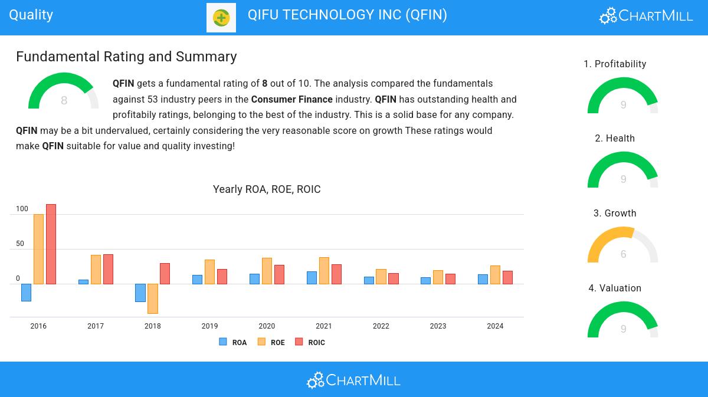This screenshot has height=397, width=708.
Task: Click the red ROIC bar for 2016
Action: [x=51, y=244]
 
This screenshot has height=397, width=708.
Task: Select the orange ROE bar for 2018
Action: [x=153, y=298]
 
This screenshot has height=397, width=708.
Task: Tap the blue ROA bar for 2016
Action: [x=26, y=293]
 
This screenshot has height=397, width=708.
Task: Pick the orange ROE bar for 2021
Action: [x=324, y=271]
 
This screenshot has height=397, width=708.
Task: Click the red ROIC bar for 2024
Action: [x=507, y=277]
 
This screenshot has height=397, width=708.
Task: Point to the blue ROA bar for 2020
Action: [x=254, y=279]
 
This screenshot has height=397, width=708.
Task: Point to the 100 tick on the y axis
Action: [x=22, y=209]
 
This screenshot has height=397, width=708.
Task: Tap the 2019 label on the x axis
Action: [x=209, y=326]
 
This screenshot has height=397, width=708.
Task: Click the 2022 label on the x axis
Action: [x=381, y=326]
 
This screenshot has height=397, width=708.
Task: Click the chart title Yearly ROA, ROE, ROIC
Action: [x=267, y=189]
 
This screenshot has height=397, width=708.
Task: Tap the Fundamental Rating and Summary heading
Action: [x=126, y=57]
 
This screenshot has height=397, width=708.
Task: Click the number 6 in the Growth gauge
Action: [x=623, y=254]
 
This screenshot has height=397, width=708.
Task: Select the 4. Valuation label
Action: [x=615, y=288]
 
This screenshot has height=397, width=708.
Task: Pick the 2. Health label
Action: [x=615, y=139]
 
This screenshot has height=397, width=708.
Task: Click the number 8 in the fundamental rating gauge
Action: [x=64, y=101]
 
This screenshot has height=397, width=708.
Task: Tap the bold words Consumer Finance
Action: [x=292, y=99]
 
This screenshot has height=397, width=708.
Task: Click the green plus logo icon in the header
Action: [x=221, y=18]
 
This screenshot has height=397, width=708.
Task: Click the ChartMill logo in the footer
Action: [x=353, y=380]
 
